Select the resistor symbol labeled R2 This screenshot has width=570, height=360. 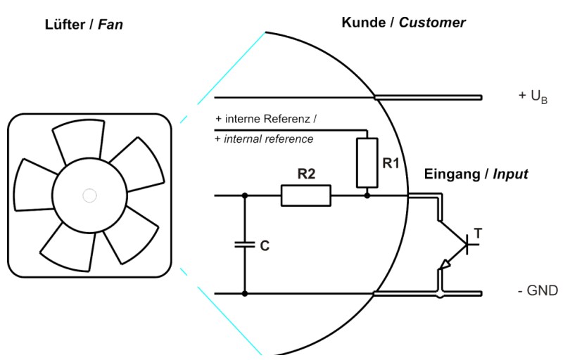(x=305, y=195)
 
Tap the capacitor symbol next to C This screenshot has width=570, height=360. (x=244, y=245)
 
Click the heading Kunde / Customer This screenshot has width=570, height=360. (x=403, y=23)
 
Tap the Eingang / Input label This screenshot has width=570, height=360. (x=476, y=174)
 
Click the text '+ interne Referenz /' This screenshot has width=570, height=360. (x=265, y=119)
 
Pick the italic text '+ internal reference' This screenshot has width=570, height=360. (x=264, y=139)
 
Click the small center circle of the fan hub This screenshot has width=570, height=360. (x=89, y=195)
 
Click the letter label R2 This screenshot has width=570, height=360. (x=305, y=174)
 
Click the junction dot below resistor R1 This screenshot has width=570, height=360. (x=367, y=195)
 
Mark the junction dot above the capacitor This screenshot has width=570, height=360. (x=244, y=195)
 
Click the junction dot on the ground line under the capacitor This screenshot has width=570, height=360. (x=244, y=292)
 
